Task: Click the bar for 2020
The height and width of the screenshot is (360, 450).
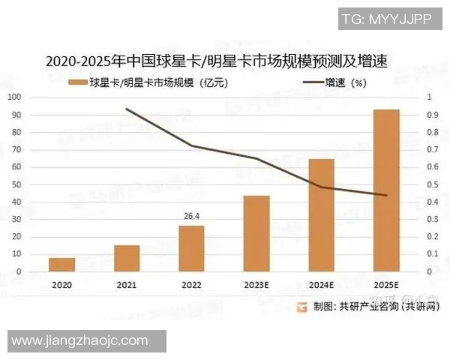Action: (x=62, y=265)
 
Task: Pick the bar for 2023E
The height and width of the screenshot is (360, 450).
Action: (x=256, y=234)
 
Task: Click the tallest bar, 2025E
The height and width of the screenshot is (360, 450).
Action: (x=386, y=190)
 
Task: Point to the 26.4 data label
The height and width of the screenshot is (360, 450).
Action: (x=191, y=217)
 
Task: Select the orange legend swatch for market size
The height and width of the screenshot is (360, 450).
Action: (x=76, y=82)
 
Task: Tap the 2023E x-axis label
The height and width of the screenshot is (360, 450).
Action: (x=256, y=286)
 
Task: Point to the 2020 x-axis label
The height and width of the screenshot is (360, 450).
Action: (x=62, y=286)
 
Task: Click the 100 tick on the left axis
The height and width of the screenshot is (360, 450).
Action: (x=14, y=97)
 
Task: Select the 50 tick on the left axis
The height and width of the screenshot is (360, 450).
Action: (x=16, y=184)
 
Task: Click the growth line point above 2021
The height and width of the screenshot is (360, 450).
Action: (x=127, y=109)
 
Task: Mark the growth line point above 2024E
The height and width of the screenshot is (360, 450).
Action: (x=321, y=187)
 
